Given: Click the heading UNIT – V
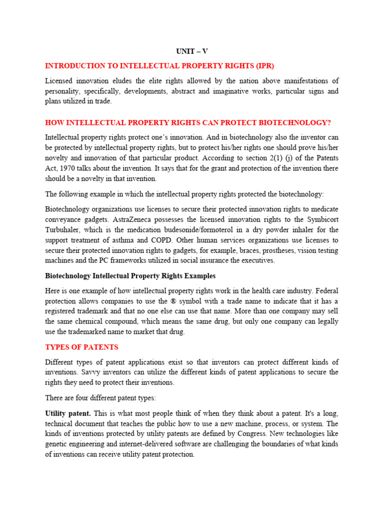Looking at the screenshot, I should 191,51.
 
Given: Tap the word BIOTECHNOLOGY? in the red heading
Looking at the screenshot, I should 298,122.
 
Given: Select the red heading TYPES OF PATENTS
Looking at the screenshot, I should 81,347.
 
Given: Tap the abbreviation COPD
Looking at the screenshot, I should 160,240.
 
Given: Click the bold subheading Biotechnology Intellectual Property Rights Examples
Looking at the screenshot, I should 130,275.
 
